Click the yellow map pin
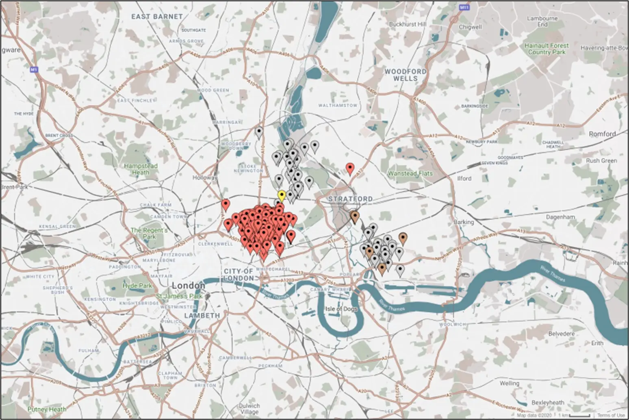tap(282, 195)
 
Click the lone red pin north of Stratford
tap(350, 168)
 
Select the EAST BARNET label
tap(157, 17)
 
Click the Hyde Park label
tap(137, 286)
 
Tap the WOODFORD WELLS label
tap(406, 75)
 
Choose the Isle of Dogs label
tap(341, 309)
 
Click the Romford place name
tap(602, 134)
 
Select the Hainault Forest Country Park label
tap(547, 49)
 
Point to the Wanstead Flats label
tap(410, 173)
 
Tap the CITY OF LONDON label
tap(239, 275)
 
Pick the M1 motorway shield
tap(34, 70)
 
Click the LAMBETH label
tap(202, 316)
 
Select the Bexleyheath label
tap(547, 403)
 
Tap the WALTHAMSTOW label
tap(338, 105)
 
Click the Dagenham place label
tap(561, 217)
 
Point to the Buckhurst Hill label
tap(408, 24)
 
